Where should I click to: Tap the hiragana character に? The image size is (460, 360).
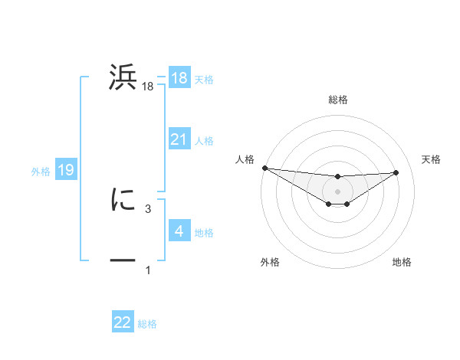(123, 200)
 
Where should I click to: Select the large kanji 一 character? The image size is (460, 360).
(123, 260)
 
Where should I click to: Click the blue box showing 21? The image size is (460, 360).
(179, 139)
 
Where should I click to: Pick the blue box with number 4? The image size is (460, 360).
(179, 231)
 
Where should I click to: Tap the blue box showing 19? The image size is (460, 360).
(66, 170)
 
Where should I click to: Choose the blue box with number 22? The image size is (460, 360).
(123, 322)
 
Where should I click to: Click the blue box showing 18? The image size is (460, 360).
(179, 78)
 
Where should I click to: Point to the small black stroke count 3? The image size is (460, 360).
(148, 208)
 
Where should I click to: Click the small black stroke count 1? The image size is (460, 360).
(148, 270)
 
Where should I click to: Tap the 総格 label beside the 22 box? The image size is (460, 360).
(147, 324)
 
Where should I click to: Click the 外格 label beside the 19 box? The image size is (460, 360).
(41, 172)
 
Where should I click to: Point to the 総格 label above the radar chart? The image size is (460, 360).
(337, 100)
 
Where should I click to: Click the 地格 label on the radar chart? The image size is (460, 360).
(402, 262)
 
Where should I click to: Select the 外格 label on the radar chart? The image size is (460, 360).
(270, 262)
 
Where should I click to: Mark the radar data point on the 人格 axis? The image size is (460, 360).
(264, 168)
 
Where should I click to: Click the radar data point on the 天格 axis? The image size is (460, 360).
(396, 172)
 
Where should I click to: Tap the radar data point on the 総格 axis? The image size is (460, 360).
(337, 177)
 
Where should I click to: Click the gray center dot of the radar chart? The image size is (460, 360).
(337, 191)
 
